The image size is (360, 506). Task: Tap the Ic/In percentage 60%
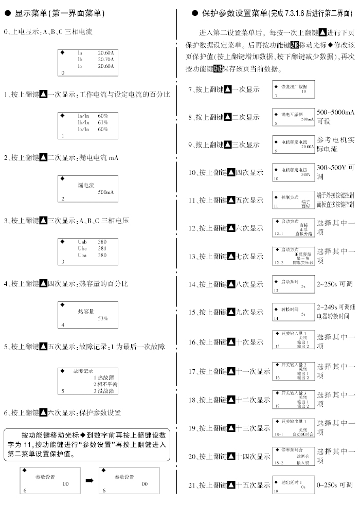point(103,129)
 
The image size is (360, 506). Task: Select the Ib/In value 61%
point(103,122)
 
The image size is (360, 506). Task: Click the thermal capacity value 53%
point(103,319)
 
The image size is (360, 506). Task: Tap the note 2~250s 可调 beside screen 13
point(335,284)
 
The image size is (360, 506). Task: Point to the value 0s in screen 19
point(303,486)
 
